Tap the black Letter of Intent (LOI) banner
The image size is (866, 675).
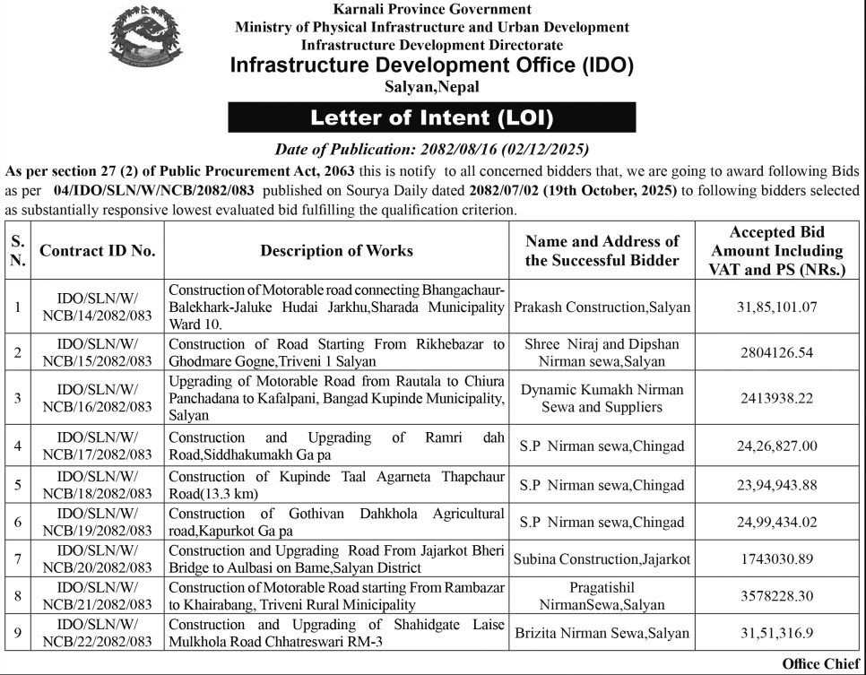[x=431, y=117]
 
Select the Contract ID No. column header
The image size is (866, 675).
[x=98, y=251]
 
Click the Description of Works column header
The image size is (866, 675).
[x=336, y=251]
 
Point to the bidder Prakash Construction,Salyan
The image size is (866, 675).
[x=602, y=307]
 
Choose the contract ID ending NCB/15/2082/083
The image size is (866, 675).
[x=98, y=352]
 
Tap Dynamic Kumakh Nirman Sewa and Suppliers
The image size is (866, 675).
[x=602, y=399]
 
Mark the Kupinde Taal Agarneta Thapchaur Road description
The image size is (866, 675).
[x=336, y=485]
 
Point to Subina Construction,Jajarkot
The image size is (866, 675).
[x=602, y=559]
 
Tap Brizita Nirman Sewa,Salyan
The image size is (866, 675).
[x=602, y=633]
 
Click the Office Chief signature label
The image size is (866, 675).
[x=820, y=663]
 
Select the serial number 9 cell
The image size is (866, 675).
[x=18, y=633]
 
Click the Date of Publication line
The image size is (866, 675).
[x=431, y=150]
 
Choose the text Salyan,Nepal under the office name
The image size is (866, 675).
[x=431, y=87]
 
